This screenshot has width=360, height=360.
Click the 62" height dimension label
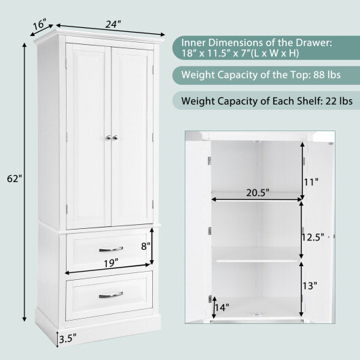[14, 179]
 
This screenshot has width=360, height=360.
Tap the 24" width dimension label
[113, 24]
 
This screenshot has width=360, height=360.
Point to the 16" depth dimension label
[39, 24]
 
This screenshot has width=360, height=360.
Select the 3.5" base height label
[67, 338]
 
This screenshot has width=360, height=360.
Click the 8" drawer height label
[146, 247]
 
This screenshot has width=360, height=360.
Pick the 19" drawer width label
[111, 263]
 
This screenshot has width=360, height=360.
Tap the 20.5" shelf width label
[257, 193]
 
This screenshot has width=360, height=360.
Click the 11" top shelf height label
[311, 182]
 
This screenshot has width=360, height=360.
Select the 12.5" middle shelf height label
[312, 238]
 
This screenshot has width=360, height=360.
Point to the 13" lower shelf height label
[310, 286]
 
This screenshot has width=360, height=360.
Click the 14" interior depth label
[222, 308]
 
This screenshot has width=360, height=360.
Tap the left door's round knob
[109, 137]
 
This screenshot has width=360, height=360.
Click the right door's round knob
[115, 137]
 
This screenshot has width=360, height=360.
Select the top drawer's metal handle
[111, 249]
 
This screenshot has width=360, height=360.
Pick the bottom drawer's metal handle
[111, 295]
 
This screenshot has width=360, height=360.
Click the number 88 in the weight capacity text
[319, 75]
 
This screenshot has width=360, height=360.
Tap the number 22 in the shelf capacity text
[331, 101]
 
